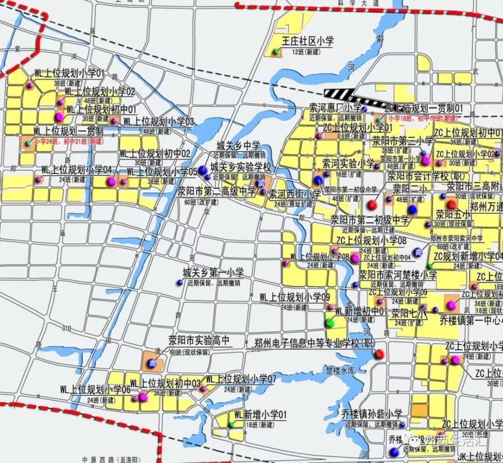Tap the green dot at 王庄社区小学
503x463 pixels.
point(276,52)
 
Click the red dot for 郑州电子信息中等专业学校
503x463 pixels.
point(379,354)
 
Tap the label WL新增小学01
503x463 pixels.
point(260,415)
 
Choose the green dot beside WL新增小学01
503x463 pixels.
point(231,424)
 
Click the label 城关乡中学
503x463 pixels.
point(238,146)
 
